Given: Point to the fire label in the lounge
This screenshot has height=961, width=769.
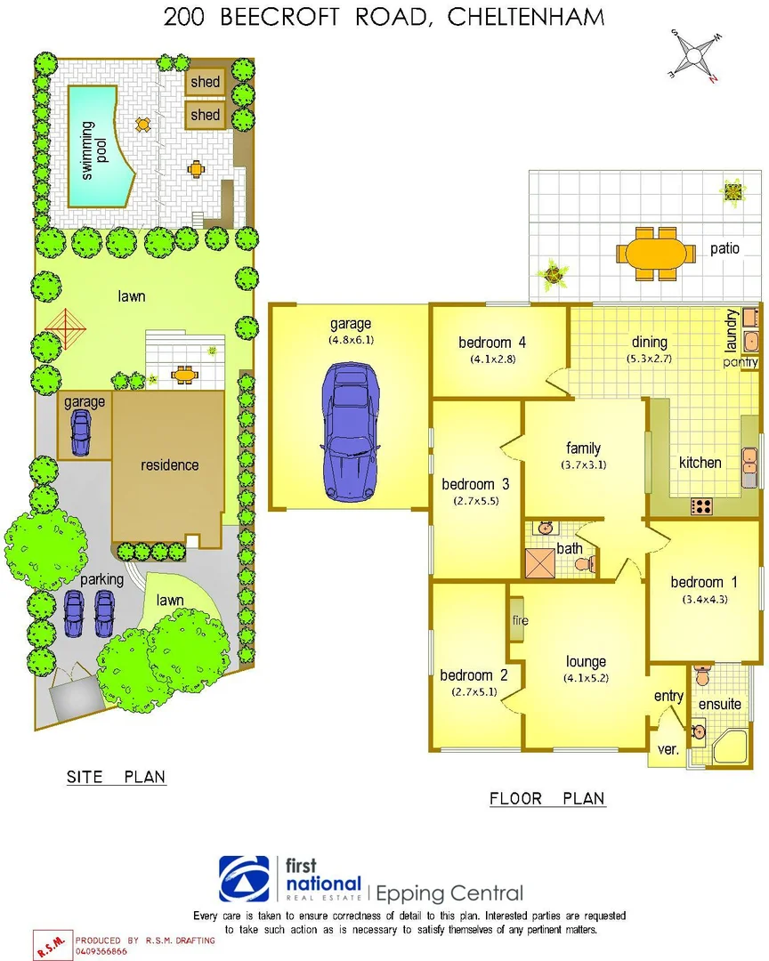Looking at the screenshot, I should point(520,620).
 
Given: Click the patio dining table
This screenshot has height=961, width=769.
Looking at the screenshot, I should point(660,254).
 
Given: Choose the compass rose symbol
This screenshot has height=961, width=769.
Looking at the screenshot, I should point(695,55).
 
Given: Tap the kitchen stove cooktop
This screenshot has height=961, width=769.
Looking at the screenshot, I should point(702,506).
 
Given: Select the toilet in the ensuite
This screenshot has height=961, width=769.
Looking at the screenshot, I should point(702,677).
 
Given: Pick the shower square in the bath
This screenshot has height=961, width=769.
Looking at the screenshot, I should point(540,563).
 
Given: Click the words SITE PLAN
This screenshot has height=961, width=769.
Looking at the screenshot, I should point(116,777).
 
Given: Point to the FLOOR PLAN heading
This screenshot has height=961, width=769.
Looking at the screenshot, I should point(547,798).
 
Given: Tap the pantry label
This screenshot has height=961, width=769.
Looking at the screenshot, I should point(740,362).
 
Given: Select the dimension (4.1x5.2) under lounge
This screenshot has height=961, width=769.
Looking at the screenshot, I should point(586,676).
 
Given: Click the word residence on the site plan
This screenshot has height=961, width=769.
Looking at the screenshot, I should point(170,464).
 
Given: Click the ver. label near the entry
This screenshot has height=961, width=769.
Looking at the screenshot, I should point(668,750).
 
